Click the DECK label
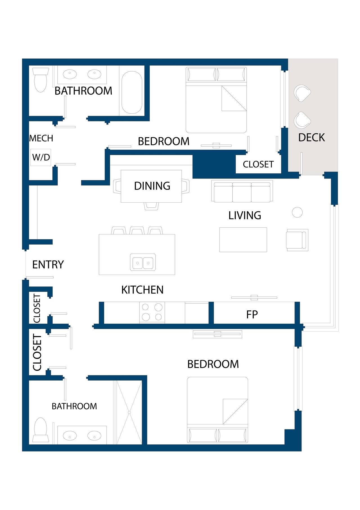point(311,138)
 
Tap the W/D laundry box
point(41,157)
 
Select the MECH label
point(41,138)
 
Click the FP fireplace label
point(252,314)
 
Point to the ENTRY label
point(48,265)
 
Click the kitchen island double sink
point(143,262)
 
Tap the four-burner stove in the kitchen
point(152,312)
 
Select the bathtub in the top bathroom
point(132,92)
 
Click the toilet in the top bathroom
point(40,80)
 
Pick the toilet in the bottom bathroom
point(41,430)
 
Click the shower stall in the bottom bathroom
point(129,412)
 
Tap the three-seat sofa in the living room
point(242,191)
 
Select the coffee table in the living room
point(243,240)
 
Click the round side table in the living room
point(297,212)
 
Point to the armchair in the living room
point(297,240)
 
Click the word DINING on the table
point(152,186)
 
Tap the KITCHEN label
point(142,290)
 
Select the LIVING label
point(245,216)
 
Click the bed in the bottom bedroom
point(217,410)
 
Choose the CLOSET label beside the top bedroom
point(258,164)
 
